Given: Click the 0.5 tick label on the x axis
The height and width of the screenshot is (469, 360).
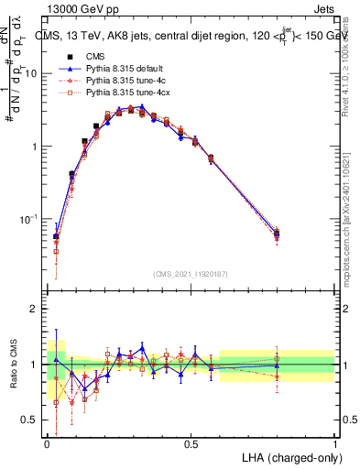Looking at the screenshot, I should click(x=191, y=443).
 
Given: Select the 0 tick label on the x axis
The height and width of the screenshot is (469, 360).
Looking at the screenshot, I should click(x=47, y=443).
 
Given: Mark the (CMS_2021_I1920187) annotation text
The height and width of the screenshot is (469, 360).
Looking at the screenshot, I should click(x=191, y=274).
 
